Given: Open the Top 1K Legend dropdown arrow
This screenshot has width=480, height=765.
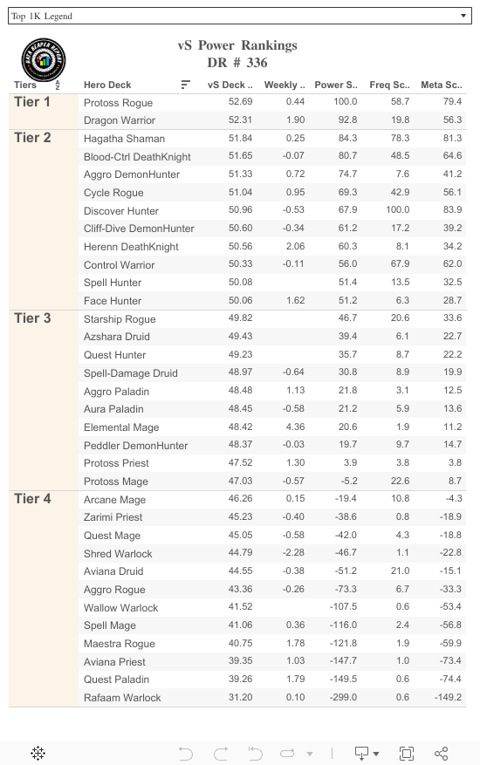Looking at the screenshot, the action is (463, 16).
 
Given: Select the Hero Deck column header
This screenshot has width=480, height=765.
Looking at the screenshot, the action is (107, 85).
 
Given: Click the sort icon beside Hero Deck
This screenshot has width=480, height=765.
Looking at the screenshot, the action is (186, 85).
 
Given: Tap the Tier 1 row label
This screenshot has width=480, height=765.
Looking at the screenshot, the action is (32, 103).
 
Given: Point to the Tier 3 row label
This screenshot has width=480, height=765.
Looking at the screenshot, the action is (32, 318).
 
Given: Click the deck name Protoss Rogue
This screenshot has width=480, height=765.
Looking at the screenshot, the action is (118, 103).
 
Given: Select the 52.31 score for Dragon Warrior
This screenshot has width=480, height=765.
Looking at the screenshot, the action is (240, 120).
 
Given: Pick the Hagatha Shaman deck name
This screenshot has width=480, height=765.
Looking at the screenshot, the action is (123, 139).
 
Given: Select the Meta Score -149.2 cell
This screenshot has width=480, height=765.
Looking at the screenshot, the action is (447, 698).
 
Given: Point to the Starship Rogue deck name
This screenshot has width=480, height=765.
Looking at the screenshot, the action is (120, 319).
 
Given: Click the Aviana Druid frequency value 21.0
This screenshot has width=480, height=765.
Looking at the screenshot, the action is (400, 571).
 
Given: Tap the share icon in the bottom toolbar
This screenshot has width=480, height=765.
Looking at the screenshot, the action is (441, 753).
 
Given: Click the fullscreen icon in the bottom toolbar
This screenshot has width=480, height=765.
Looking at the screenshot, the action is (407, 753).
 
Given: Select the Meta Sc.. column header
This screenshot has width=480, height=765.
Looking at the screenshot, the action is (441, 85).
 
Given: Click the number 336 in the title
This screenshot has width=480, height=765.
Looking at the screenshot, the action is (257, 63).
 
